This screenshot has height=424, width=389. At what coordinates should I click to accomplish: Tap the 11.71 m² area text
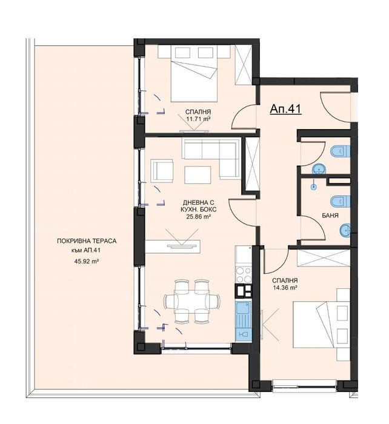click(198, 118)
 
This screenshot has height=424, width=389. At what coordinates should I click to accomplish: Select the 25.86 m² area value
click(199, 216)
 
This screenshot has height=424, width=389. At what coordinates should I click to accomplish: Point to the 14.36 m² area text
click(285, 288)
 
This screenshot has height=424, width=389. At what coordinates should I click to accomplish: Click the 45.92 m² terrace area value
click(87, 261)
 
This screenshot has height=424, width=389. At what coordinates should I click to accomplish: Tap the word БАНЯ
click(330, 216)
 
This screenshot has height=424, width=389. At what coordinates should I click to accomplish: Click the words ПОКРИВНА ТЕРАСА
click(87, 240)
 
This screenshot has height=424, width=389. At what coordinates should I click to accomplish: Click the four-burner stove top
click(244, 275)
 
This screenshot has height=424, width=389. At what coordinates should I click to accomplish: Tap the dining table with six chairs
click(192, 301)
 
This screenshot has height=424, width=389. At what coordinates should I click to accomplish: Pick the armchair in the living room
click(162, 171)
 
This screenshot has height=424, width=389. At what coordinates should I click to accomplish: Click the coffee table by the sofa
click(198, 175)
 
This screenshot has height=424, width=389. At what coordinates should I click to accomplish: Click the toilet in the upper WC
click(341, 151)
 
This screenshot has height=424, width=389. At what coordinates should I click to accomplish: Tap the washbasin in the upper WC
click(319, 170)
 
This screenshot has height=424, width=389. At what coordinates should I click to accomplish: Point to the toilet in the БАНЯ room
click(341, 201)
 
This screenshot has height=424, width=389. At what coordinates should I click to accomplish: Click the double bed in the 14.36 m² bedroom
click(321, 325)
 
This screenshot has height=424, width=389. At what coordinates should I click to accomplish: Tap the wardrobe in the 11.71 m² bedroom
click(244, 64)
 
